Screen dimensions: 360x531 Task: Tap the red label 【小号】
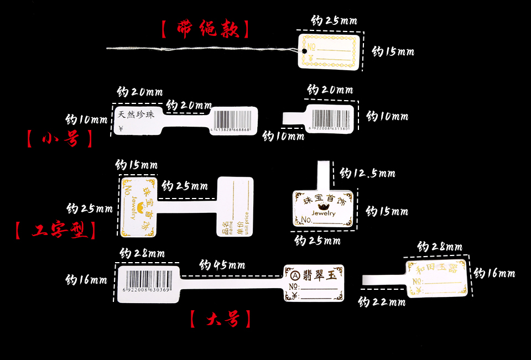(60, 138)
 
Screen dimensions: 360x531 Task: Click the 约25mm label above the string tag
(334, 22)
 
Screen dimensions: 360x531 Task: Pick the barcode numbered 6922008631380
(331, 118)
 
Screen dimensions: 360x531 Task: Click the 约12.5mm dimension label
(367, 174)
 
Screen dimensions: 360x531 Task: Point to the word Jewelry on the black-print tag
(323, 212)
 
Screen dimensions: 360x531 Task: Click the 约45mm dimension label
(222, 265)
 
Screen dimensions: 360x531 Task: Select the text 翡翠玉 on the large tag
(321, 274)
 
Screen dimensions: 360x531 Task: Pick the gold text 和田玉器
(436, 269)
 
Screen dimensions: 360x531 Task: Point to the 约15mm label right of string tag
(393, 51)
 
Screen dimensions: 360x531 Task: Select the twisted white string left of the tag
(199, 50)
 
